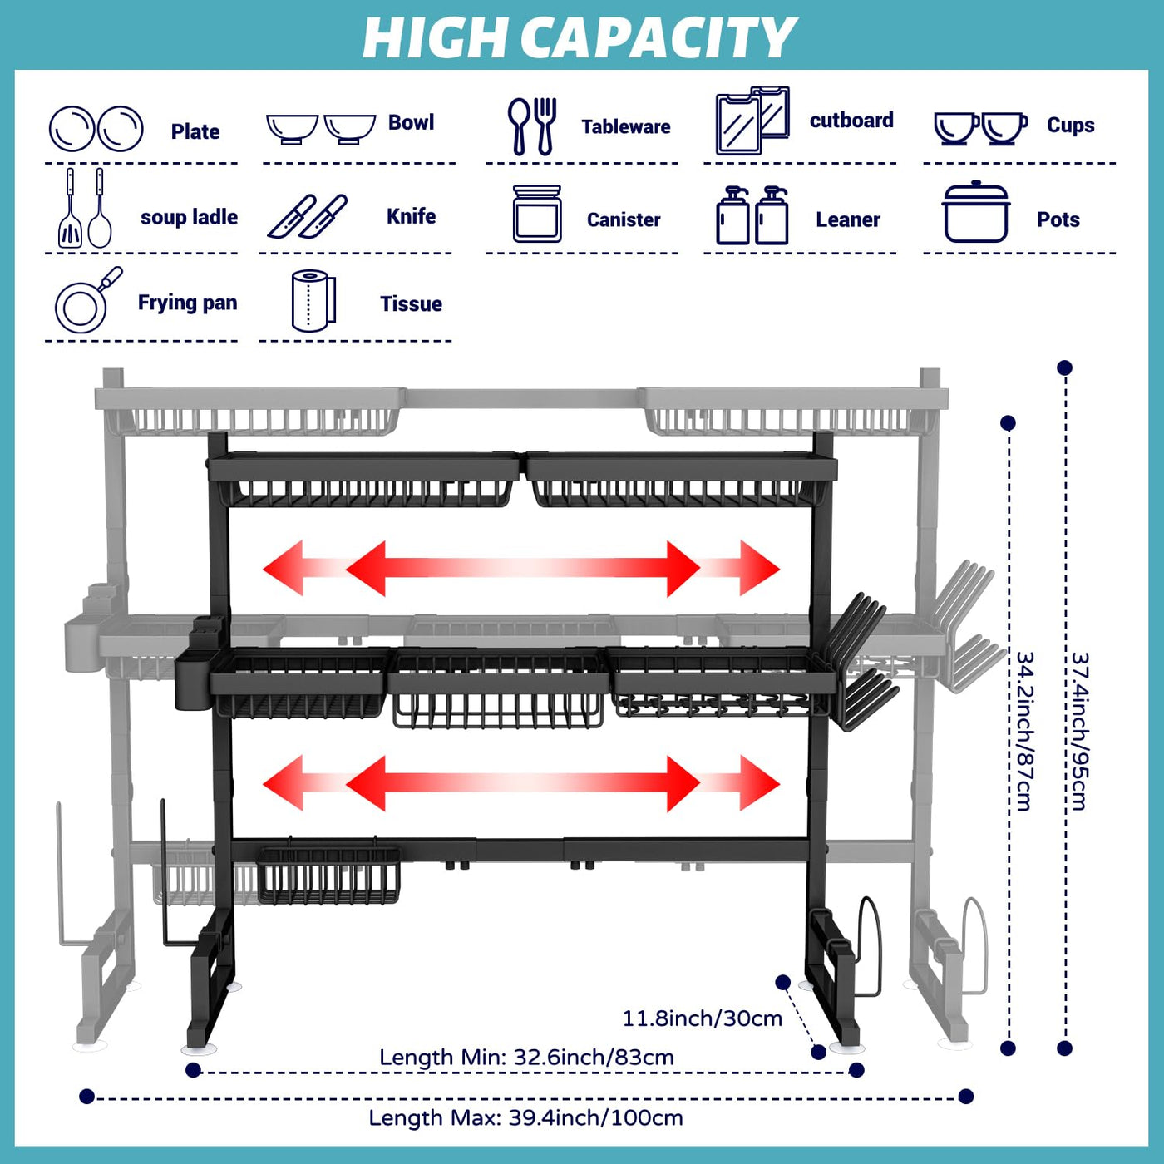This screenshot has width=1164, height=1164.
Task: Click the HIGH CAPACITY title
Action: point(580,37)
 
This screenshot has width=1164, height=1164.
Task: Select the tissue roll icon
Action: point(313,301)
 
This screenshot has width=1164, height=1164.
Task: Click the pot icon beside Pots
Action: point(975,213)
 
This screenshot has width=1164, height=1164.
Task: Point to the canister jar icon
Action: point(537,214)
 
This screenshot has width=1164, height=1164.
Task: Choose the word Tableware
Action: point(625,126)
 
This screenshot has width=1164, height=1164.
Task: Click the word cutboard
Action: point(851,121)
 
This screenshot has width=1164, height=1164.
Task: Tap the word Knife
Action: point(411,216)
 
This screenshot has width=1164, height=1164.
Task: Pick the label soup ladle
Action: point(189,217)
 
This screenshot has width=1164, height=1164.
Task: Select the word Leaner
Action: point(847,219)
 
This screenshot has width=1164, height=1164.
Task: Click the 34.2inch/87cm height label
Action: point(1024,731)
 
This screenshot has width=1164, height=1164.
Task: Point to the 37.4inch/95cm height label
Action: point(1078,731)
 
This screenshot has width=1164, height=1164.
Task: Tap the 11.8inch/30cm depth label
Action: point(702,1018)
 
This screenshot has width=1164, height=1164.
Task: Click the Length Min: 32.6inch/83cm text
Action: point(526,1058)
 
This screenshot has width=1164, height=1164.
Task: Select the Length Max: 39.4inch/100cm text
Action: point(525,1118)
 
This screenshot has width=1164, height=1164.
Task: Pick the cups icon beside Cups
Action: point(980,127)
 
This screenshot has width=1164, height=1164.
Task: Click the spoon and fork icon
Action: point(532,126)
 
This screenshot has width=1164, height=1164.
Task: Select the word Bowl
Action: point(411,122)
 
